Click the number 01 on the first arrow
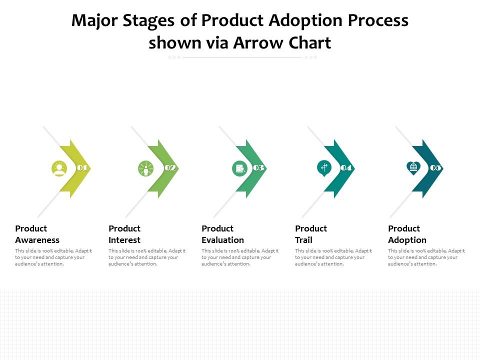82,168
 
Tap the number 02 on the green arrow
170,168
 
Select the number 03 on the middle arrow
258,168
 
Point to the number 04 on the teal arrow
346,168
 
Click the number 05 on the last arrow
435,168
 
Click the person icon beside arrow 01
59,168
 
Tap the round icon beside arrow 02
145,168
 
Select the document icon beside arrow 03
240,168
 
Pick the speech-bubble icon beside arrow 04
324,167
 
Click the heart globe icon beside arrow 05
413,167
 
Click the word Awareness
37,240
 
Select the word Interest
124,240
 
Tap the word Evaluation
222,240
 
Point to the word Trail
303,240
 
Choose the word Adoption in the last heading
407,240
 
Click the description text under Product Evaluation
240,257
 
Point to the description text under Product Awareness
53,257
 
